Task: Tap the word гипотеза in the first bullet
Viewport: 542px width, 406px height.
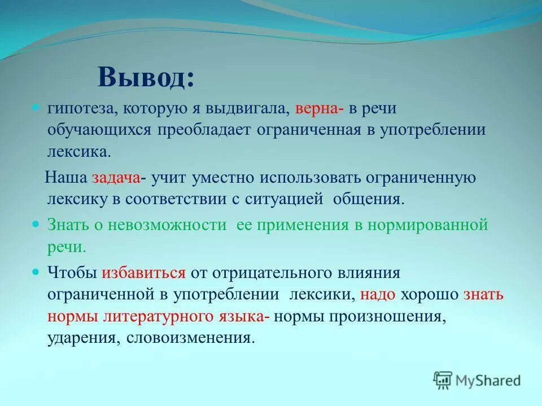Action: coord(79,108)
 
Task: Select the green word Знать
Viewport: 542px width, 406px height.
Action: coord(67,225)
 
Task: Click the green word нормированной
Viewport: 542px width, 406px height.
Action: coord(427,225)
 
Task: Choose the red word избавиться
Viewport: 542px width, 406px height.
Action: coord(143,273)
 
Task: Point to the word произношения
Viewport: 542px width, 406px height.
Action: coord(392,316)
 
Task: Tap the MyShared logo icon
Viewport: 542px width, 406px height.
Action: coord(444,380)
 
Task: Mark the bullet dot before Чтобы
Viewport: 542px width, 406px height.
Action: coord(36,272)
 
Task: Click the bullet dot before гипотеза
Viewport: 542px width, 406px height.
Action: coord(36,107)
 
